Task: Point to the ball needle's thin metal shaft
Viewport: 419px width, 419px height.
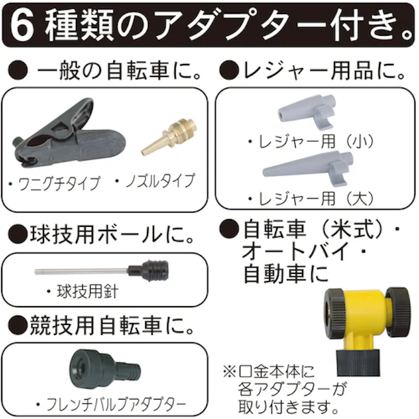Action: (x=79, y=271)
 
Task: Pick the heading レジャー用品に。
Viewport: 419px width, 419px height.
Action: (x=320, y=73)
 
